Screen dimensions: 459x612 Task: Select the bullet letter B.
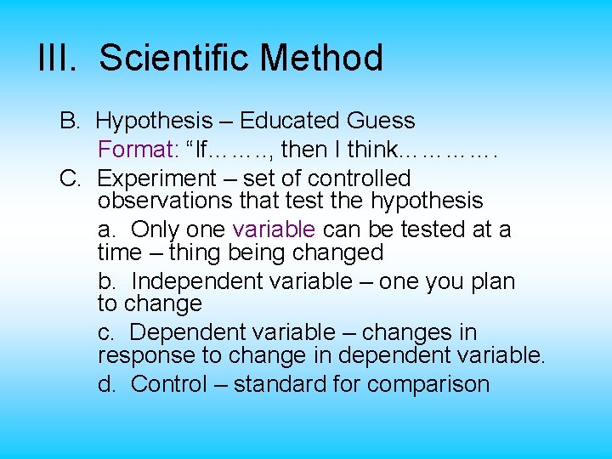pyautogui.click(x=69, y=122)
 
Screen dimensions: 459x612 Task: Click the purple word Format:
pyautogui.click(x=138, y=150)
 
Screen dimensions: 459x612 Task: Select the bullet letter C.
pyautogui.click(x=69, y=178)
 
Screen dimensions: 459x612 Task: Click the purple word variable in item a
pyautogui.click(x=273, y=229)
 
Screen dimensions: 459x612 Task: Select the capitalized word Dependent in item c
pyautogui.click(x=187, y=332)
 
